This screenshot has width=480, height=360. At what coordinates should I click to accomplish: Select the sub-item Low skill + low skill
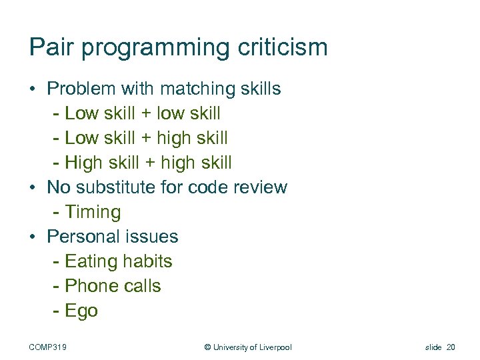(x=142, y=113)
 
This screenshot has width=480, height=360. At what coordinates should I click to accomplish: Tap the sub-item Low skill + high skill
(x=146, y=138)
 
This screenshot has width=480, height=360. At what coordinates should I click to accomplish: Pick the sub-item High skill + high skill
(x=148, y=163)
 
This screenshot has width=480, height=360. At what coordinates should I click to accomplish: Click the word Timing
(x=93, y=213)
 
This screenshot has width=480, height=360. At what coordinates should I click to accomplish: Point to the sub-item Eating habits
(x=118, y=261)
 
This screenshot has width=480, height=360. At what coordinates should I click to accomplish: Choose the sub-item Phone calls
(x=113, y=286)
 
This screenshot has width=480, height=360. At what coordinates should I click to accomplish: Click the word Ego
(x=81, y=311)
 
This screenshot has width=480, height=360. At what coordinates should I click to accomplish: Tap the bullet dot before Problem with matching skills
(x=33, y=89)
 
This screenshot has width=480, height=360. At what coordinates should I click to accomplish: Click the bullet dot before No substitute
(x=33, y=188)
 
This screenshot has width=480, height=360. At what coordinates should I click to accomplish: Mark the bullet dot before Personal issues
(x=33, y=237)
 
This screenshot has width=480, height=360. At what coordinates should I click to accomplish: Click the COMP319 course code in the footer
(x=52, y=347)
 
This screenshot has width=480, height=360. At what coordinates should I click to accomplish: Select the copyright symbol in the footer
(x=207, y=347)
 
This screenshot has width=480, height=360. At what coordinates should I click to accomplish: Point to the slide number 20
(x=450, y=347)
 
